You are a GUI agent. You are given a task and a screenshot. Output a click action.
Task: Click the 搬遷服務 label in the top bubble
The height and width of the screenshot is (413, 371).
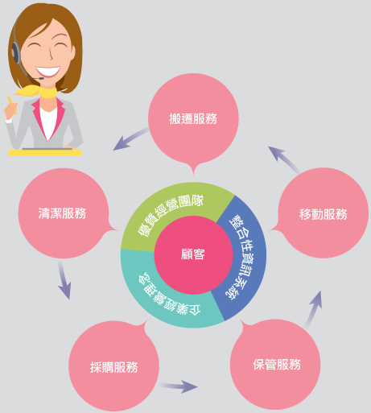click(x=193, y=119)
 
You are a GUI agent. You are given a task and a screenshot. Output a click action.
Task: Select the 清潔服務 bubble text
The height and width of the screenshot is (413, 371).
click(x=62, y=213)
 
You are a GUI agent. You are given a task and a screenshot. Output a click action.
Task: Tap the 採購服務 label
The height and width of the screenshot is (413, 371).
click(x=114, y=367)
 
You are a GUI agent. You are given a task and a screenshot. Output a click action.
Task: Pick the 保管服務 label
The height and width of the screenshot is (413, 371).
click(x=277, y=365)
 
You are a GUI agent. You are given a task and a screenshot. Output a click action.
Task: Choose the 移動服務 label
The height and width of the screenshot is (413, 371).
click(x=324, y=214)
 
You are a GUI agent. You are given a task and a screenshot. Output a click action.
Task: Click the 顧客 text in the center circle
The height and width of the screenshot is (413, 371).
click(x=193, y=254)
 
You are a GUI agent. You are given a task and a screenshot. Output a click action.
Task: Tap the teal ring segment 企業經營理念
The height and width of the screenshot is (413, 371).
click(x=163, y=300)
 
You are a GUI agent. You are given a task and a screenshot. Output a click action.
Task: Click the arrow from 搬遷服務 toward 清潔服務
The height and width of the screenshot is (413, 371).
click(x=130, y=139)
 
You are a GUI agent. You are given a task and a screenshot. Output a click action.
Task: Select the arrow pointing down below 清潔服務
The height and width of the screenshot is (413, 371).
click(x=64, y=280)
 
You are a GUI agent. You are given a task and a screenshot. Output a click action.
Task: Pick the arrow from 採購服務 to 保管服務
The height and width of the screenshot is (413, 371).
click(x=179, y=386)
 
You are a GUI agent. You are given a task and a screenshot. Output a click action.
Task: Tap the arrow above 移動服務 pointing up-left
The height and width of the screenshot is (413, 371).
click(x=283, y=159)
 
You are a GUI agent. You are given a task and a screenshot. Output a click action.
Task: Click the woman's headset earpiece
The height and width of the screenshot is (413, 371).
click(x=16, y=52)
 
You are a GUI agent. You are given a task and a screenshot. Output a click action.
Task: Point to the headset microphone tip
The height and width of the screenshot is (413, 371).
click(x=41, y=78)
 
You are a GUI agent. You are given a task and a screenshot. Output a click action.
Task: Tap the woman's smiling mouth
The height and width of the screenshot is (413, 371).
click(x=48, y=71)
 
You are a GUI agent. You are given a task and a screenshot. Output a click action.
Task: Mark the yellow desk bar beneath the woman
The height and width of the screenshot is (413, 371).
click(x=45, y=153)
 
